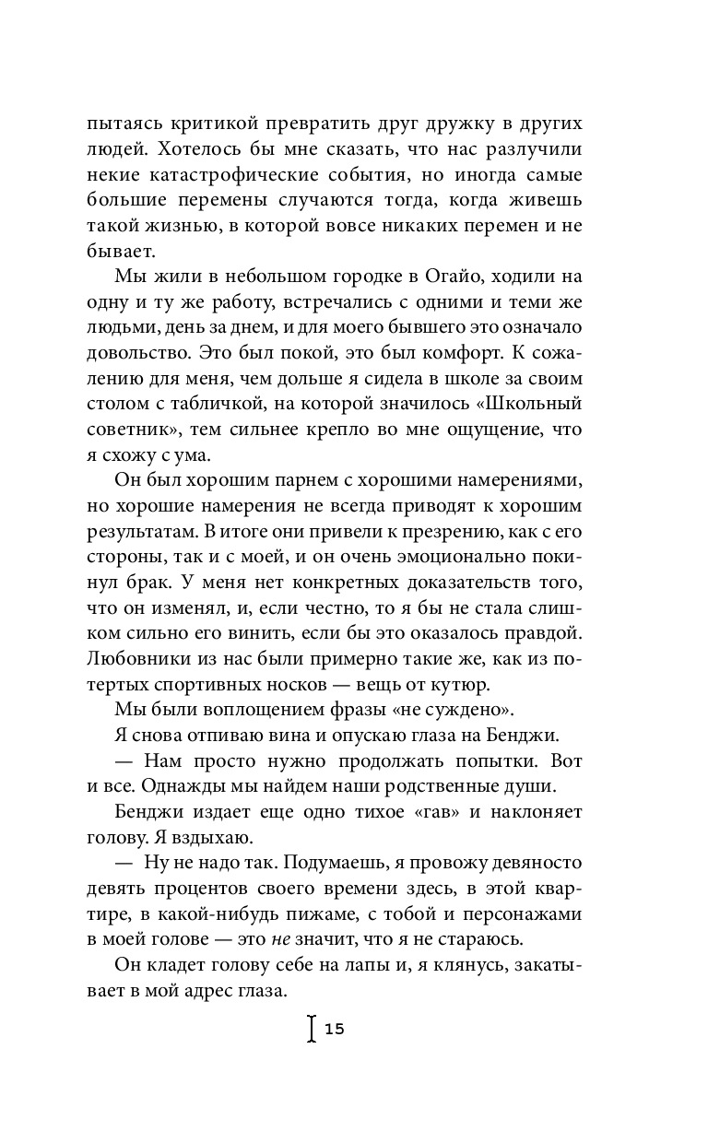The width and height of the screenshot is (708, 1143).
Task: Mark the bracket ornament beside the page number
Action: point(312,1029)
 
